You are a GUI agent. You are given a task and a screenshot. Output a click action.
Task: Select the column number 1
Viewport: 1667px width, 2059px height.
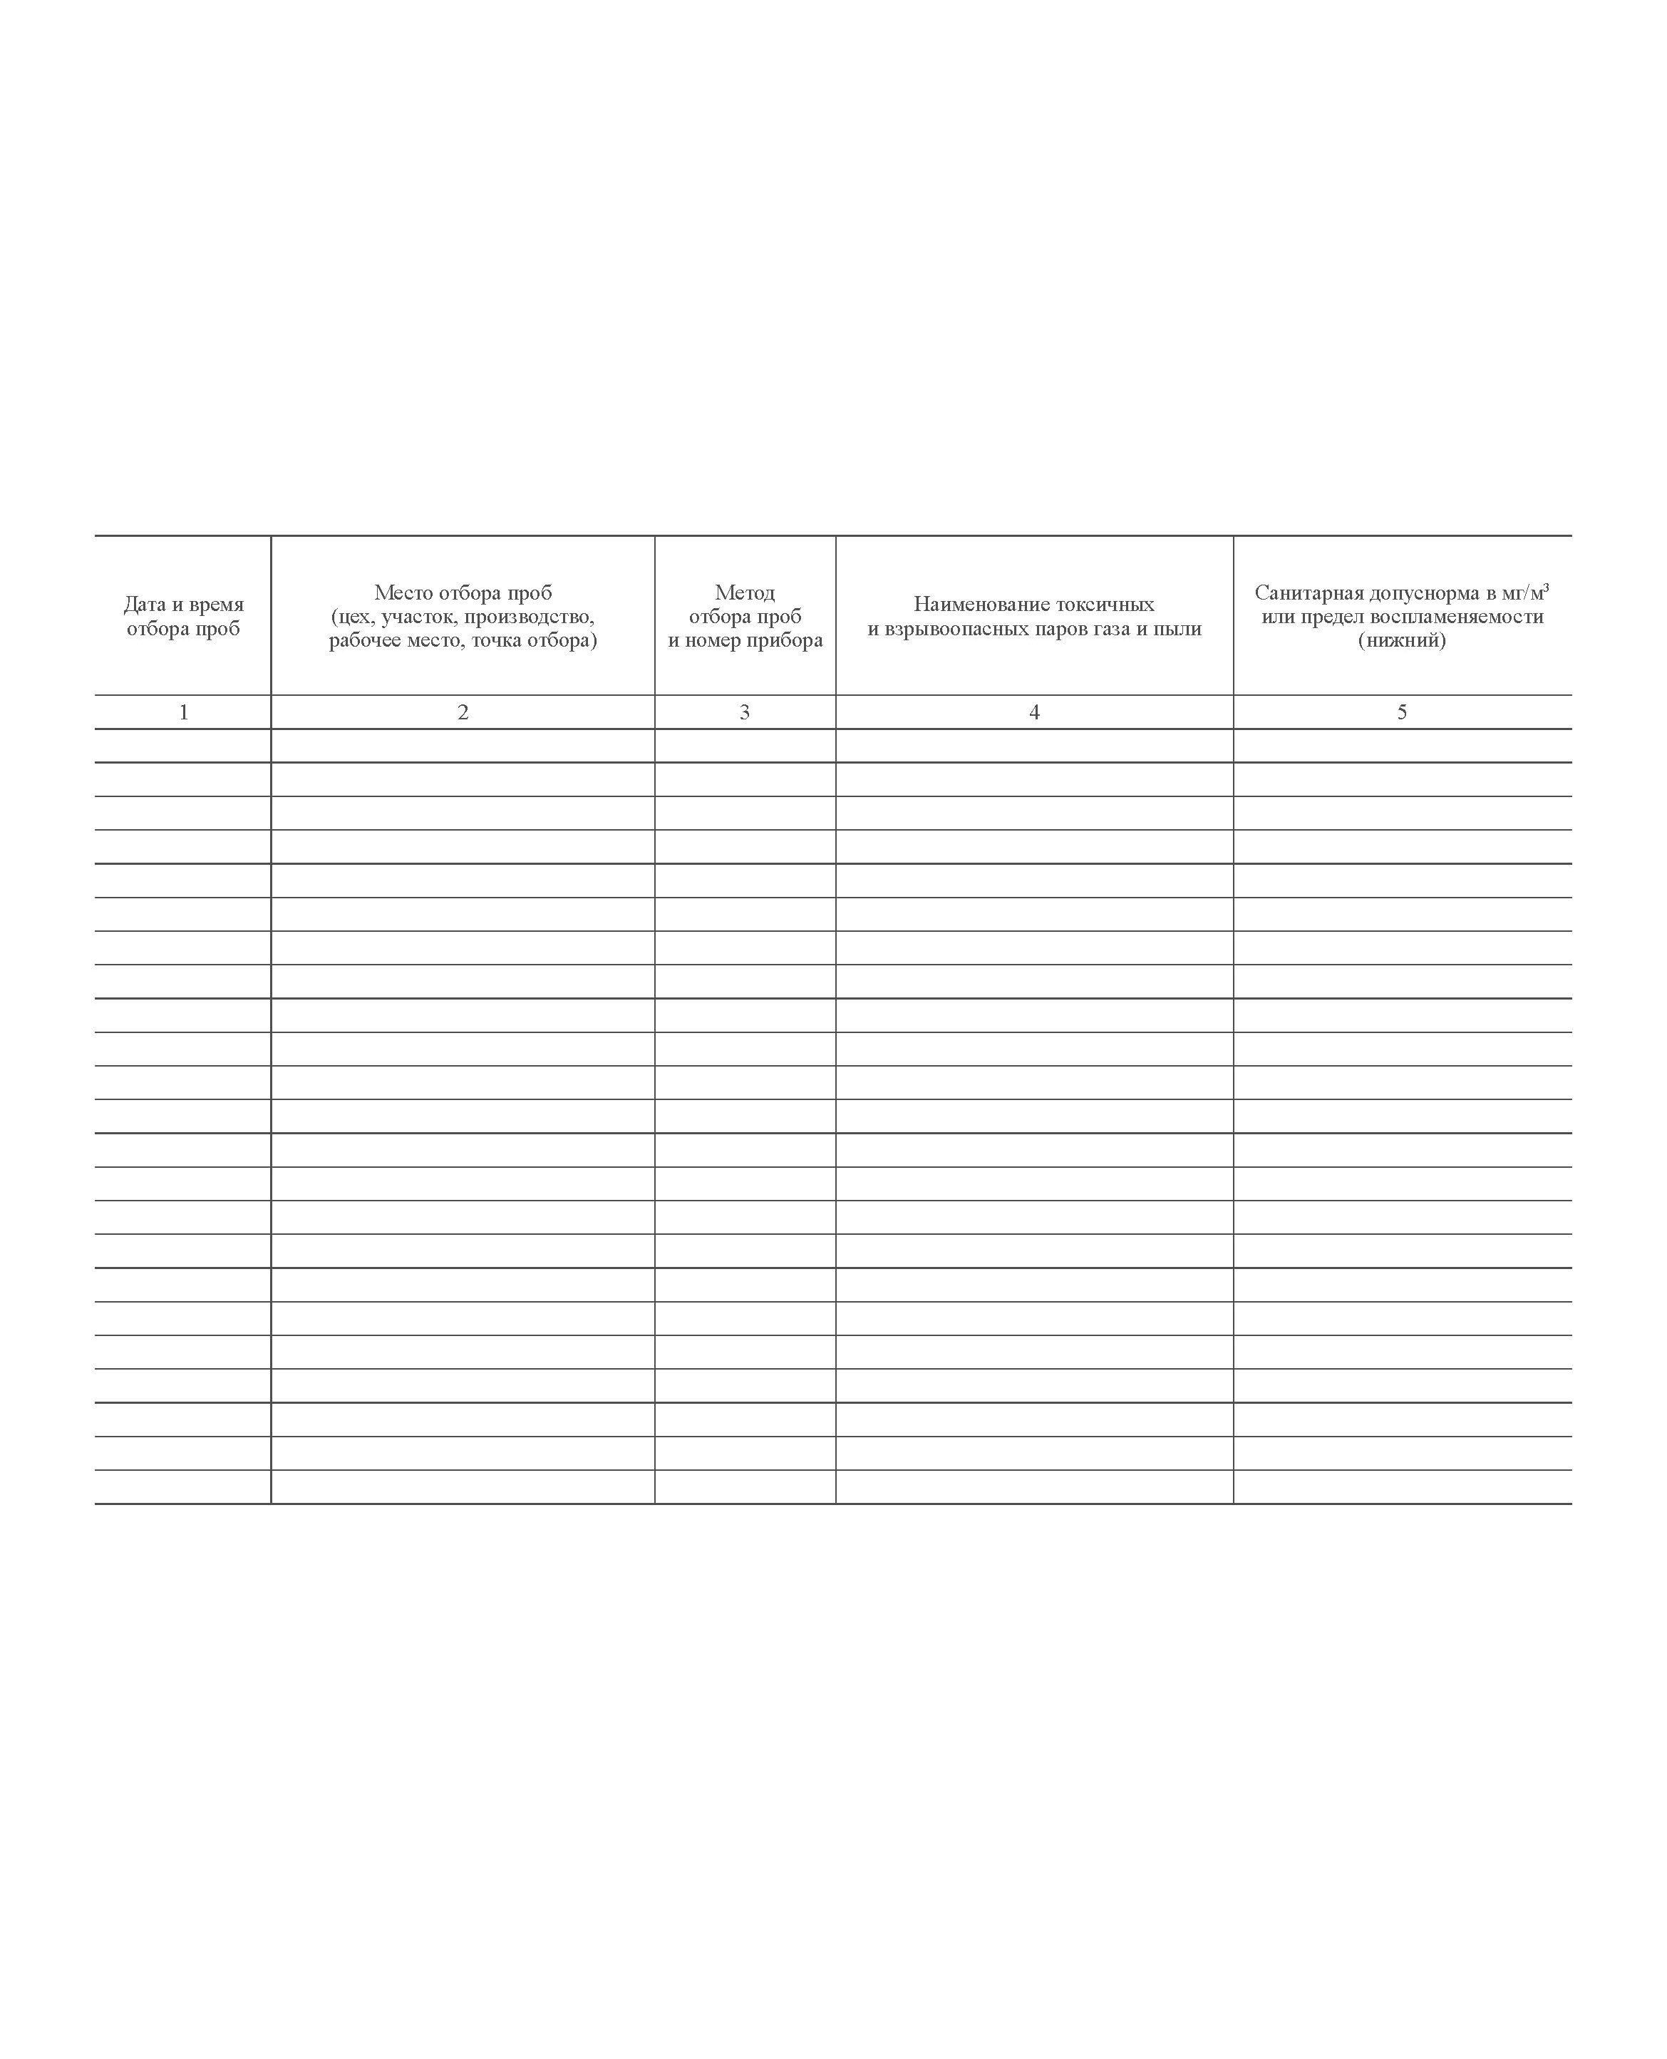click(x=183, y=712)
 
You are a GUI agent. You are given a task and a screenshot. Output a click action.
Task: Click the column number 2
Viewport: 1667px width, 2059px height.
click(x=463, y=712)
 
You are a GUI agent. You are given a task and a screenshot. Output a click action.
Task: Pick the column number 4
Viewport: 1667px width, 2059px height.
click(x=1034, y=712)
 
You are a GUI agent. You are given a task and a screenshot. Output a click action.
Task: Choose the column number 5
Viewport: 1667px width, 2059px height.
click(x=1402, y=712)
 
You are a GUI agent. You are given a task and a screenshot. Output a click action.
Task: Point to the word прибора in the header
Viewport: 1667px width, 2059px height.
click(x=785, y=640)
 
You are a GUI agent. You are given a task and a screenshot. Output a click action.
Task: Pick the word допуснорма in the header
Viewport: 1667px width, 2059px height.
click(x=1425, y=592)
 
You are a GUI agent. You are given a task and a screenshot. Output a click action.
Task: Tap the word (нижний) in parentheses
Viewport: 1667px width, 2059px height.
click(x=1402, y=640)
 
